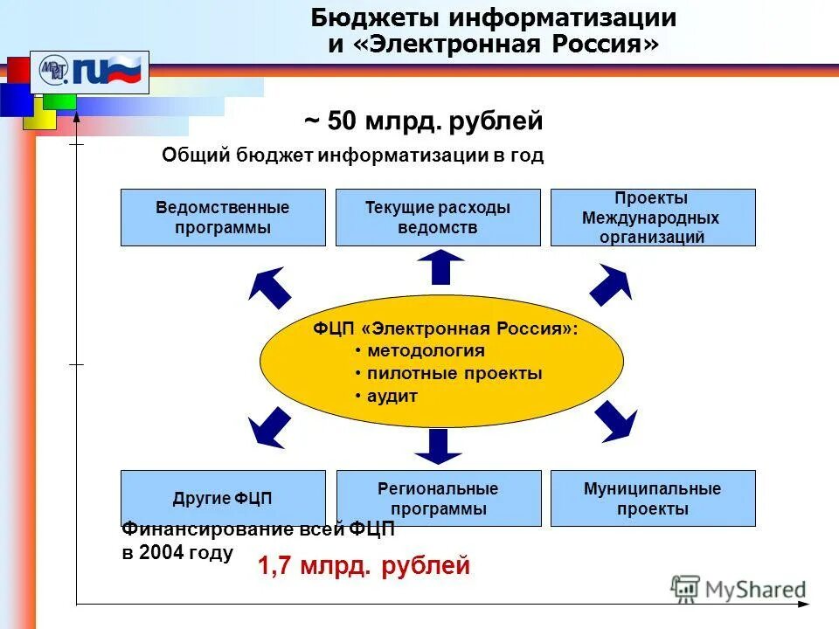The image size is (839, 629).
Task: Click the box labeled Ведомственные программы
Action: (222, 218)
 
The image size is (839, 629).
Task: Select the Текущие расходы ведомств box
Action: (438, 218)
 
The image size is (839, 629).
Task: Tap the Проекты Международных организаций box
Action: (652, 218)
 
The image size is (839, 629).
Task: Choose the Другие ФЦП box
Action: (222, 499)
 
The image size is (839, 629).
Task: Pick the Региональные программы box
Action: (438, 499)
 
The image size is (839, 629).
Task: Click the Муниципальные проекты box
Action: (652, 499)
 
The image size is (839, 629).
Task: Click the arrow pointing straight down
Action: (438, 445)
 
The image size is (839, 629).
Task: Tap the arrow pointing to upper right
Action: (611, 283)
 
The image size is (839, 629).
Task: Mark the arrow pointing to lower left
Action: (268, 427)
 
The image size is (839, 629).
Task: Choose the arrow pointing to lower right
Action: (617, 422)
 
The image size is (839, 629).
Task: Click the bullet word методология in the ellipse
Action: (425, 351)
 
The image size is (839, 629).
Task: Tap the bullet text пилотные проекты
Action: (454, 374)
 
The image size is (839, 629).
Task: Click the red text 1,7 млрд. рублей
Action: (364, 566)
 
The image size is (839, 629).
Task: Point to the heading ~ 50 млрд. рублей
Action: (423, 121)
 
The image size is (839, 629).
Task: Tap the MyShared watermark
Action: (738, 589)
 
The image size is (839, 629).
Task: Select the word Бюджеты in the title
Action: (377, 17)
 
